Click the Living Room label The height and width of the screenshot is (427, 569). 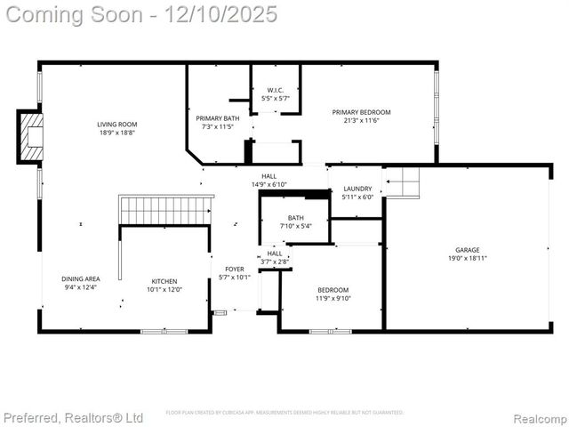coord(117,125)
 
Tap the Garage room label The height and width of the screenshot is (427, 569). coord(468,250)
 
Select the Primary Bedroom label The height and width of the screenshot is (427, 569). coord(362,112)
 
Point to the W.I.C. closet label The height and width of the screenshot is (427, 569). coord(276,90)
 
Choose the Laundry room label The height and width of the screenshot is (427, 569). coord(357,189)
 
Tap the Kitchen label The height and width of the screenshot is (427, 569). coord(164,280)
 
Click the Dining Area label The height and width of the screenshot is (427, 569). coord(81,278)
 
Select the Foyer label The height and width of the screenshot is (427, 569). coord(235,269)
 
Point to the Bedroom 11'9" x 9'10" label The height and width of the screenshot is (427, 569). coord(333,290)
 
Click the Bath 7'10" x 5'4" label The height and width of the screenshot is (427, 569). coord(296,217)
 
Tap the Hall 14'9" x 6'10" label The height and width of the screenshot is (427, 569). coord(269,176)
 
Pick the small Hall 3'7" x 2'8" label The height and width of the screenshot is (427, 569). coord(275,254)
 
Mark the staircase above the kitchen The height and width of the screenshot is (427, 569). coord(165,211)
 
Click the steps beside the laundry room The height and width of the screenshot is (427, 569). coord(402,182)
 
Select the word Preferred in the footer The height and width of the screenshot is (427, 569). coord(31,417)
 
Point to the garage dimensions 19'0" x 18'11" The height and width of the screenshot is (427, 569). coord(468,259)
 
